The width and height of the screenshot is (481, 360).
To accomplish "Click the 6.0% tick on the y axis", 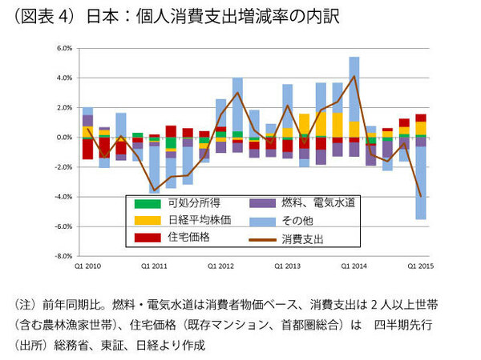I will [x=65, y=48].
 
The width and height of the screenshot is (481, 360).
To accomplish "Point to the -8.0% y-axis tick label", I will [x=64, y=256].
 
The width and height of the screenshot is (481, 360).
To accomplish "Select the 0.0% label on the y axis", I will [x=65, y=138].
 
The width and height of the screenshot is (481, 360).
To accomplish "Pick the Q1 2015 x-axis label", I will [x=420, y=265].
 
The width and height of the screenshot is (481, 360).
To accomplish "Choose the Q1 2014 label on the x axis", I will [x=354, y=265].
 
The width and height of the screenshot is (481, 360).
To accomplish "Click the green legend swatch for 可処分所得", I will [x=140, y=202].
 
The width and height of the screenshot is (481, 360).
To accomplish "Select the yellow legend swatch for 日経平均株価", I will [x=140, y=220].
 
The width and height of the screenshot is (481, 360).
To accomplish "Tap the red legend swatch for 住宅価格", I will [x=140, y=238].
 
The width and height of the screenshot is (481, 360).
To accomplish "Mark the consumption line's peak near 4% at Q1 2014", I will [x=354, y=77].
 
